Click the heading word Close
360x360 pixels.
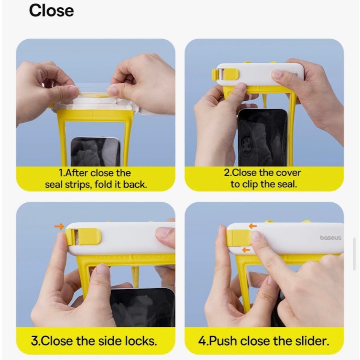coord(51,11)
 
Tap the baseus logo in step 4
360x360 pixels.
coord(330,238)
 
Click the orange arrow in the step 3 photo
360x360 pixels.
coord(59,227)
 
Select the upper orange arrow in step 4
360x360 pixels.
coord(253,226)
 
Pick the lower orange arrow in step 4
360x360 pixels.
coord(246,250)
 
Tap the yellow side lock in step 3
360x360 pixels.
coord(83,236)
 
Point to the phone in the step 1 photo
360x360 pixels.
coord(95,151)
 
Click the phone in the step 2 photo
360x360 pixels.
coord(263,137)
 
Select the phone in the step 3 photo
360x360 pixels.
coord(142,307)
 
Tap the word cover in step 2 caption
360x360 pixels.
coord(289,173)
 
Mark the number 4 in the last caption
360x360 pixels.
coord(202,341)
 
